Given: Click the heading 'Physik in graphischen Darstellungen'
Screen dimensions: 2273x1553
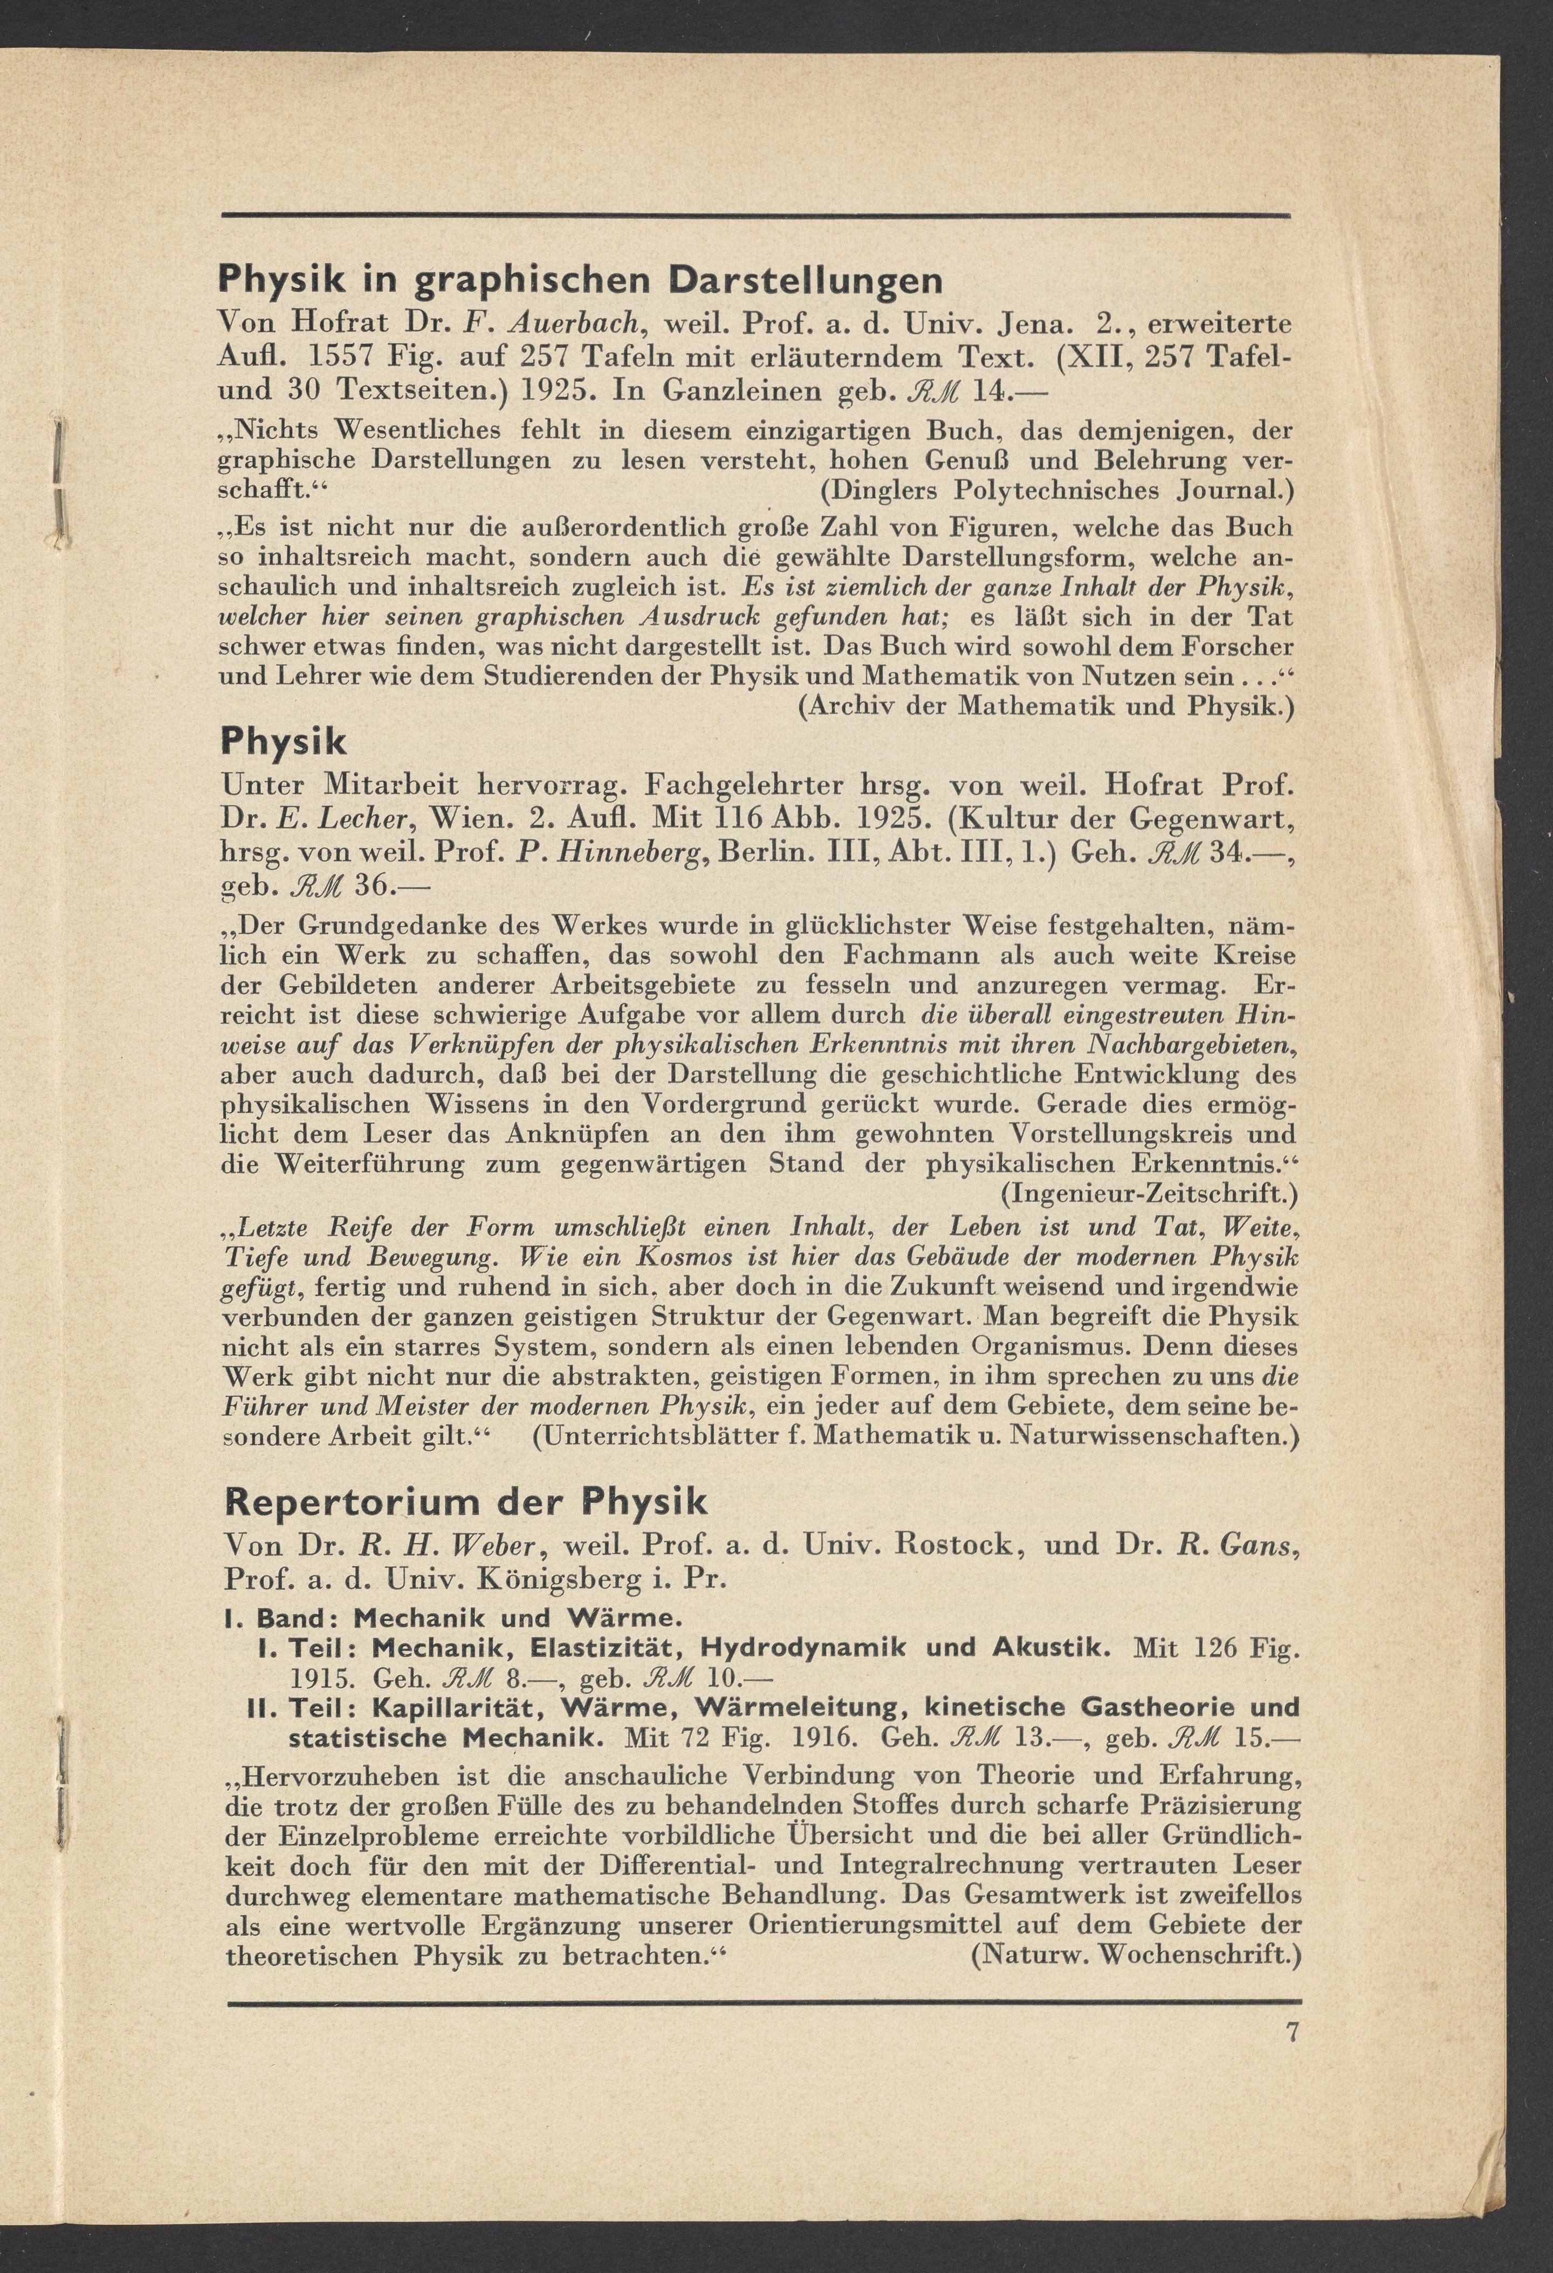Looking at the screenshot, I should coord(580,281).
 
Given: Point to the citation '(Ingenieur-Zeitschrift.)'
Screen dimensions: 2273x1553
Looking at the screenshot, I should coord(1149,1193).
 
